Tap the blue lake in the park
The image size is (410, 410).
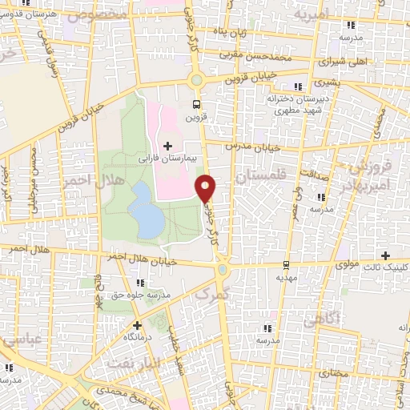click(x=147, y=210)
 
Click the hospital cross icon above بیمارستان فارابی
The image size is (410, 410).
click(x=167, y=146)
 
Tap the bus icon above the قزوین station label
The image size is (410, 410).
click(x=198, y=104)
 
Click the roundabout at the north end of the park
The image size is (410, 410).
click(x=196, y=79)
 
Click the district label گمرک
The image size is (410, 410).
click(x=212, y=294)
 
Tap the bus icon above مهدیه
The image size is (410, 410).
click(x=286, y=265)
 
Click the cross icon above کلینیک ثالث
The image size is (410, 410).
click(x=385, y=255)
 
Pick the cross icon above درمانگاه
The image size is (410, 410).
click(x=137, y=325)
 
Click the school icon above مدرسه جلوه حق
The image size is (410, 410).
click(x=142, y=283)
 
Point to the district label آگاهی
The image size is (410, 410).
click(x=323, y=319)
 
